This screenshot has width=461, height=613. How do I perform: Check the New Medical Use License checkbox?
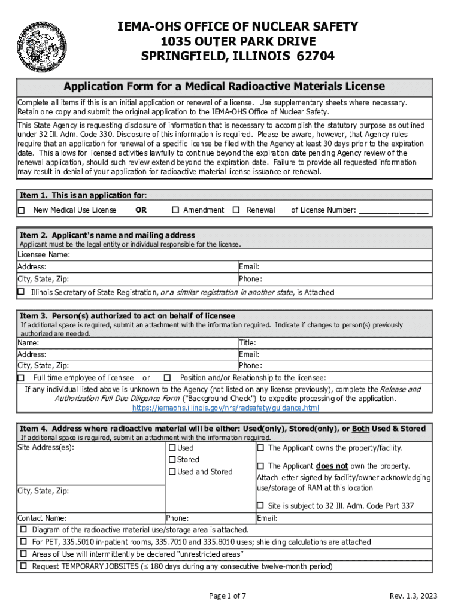(22, 210)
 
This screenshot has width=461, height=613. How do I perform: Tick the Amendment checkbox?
(175, 210)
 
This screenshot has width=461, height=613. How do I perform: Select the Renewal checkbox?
(236, 210)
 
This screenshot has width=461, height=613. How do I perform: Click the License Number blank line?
(393, 210)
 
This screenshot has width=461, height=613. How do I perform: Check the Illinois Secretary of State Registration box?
(22, 292)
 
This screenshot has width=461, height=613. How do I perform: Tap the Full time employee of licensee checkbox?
(22, 378)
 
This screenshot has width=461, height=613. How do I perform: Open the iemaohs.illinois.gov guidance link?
(225, 408)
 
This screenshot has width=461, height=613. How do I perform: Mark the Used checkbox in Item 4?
(172, 448)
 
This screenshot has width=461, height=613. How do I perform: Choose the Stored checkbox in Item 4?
(172, 460)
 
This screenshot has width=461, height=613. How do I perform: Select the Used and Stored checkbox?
(172, 472)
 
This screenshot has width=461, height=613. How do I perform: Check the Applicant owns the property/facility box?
(260, 448)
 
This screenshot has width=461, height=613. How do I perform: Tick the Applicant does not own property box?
(260, 466)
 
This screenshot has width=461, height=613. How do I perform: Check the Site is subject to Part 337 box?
(260, 506)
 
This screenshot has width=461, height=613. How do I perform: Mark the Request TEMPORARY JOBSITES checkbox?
(23, 566)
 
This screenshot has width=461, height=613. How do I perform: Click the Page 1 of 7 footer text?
(228, 596)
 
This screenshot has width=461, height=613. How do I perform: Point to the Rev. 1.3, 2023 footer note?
(414, 596)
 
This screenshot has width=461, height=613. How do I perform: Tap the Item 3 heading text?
(128, 316)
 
